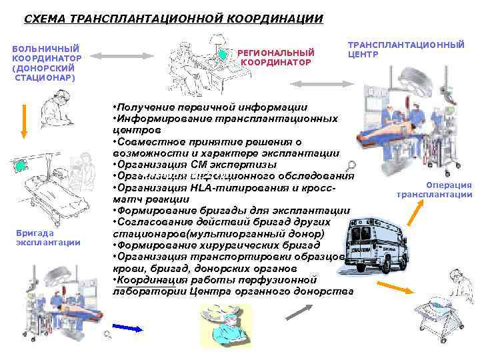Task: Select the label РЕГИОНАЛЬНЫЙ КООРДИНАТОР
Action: pyautogui.click(x=275, y=57)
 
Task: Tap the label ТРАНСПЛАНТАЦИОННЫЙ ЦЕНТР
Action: pyautogui.click(x=405, y=49)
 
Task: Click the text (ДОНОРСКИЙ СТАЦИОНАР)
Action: pyautogui.click(x=45, y=73)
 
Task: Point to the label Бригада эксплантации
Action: pyautogui.click(x=47, y=238)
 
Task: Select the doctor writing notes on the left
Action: pyautogui.click(x=60, y=109)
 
